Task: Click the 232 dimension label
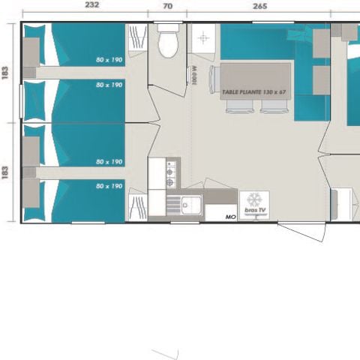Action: point(91,5)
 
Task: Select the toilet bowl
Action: point(167,45)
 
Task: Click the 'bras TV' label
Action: point(253,212)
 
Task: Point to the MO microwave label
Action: point(231,216)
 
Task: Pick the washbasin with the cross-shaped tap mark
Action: point(202,37)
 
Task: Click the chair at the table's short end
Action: point(212,79)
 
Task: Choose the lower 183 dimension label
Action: point(6,172)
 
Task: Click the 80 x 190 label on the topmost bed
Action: point(109,60)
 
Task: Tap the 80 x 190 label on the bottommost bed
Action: point(109,185)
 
